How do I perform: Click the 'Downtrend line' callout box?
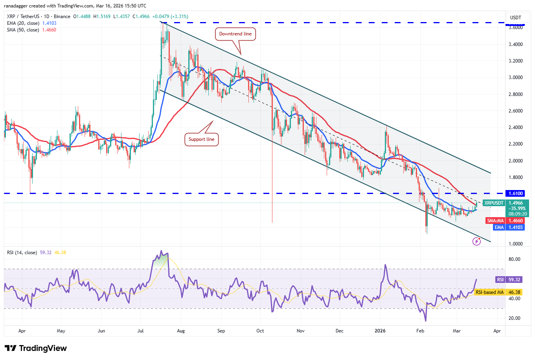pos(235,34)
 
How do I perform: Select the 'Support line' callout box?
pos(201,139)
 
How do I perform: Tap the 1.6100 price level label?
pos(516,194)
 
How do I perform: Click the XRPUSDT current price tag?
pos(494,203)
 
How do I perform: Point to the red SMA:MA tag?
pos(495,221)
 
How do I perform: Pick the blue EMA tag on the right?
pos(499,227)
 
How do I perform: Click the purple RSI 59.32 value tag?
pos(500,280)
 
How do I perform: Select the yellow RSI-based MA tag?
pos(489,292)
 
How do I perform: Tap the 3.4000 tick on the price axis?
pos(515,44)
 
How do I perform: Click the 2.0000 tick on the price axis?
pos(515,161)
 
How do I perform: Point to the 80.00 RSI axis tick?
pos(514,259)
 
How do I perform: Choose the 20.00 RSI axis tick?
pos(514,318)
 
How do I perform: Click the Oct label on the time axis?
pos(260,331)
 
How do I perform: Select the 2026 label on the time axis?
pos(380,331)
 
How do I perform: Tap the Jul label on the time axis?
pos(141,331)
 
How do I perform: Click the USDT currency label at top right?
pos(515,18)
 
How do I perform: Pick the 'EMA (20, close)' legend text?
pos(23,23)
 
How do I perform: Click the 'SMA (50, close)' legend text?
pos(23,30)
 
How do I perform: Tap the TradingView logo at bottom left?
pos(36,348)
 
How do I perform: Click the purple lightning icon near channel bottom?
pos(476,241)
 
